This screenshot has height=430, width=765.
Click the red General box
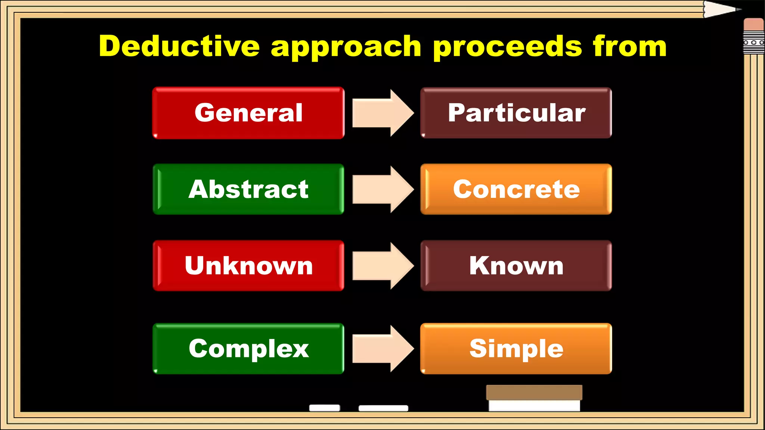248,113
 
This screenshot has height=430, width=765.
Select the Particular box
516,113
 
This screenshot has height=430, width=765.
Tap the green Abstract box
248,189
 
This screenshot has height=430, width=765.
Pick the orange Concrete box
516,189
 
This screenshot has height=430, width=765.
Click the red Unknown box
248,266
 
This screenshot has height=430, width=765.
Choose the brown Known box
516,266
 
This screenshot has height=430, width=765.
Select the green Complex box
248,349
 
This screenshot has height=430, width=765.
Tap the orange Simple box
516,349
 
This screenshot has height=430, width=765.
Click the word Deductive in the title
179,46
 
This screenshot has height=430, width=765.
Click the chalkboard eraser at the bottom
534,398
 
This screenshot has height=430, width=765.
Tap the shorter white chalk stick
325,408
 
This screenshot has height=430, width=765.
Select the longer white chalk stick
383,408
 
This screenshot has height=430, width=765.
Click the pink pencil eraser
753,25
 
